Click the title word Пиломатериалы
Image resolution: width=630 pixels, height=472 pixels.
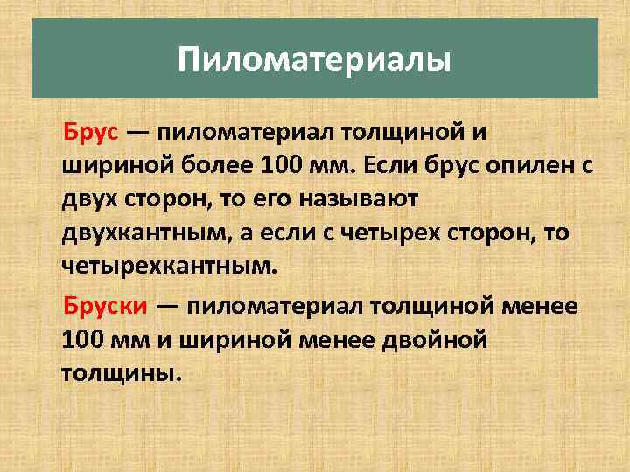tap(315, 60)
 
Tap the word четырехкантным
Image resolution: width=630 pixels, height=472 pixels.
tap(168, 264)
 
